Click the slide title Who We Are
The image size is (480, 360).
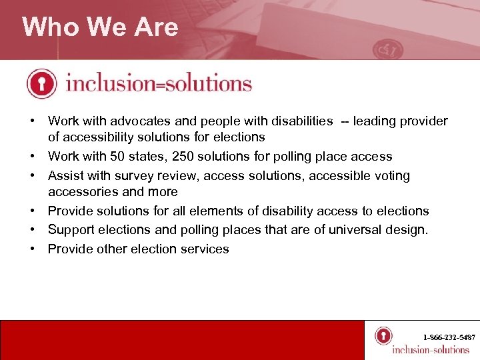[100, 27]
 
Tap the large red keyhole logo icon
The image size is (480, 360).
[42, 84]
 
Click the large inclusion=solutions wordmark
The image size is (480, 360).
[159, 84]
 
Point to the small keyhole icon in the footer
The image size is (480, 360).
[383, 335]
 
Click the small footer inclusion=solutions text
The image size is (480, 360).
[431, 349]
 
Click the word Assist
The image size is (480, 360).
[65, 176]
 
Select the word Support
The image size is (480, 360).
[71, 230]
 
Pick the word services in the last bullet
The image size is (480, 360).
[205, 249]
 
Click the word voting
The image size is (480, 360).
[393, 176]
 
